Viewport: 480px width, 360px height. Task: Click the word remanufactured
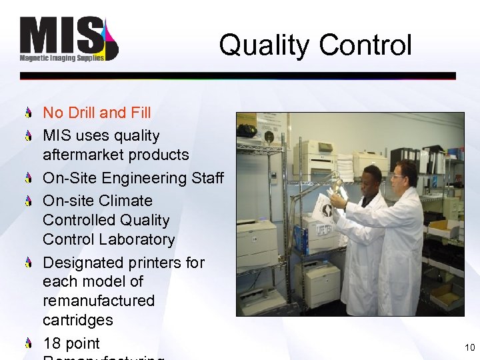[x=99, y=301]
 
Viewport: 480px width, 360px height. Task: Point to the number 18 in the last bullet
[x=52, y=343]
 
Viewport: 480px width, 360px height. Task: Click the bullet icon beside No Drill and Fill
[x=29, y=113]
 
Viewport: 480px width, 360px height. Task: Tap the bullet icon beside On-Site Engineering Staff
[x=29, y=178]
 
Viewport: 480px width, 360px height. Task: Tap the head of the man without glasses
[x=371, y=178]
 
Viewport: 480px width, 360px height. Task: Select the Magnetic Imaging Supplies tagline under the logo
[x=61, y=59]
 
